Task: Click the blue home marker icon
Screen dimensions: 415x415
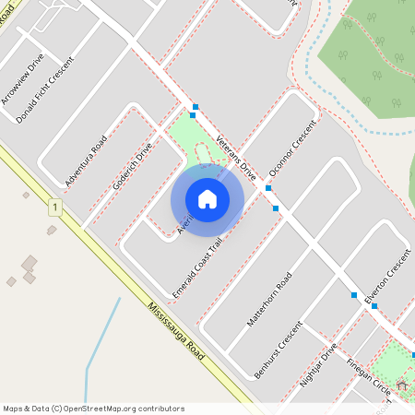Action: pos(207,199)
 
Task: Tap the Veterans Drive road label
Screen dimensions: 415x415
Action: pos(235,156)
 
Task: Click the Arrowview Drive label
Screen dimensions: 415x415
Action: pos(22,91)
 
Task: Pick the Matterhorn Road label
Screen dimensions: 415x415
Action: pos(269,300)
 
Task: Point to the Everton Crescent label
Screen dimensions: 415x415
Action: pos(386,277)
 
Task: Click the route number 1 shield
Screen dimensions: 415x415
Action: pos(55,208)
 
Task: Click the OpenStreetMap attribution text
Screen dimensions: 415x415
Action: pos(93,408)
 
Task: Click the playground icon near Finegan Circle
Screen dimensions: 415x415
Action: pos(402,385)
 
